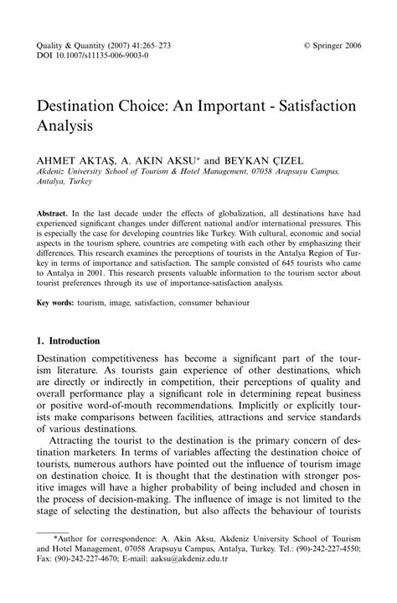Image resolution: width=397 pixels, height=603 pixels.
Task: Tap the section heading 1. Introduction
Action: (69, 341)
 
